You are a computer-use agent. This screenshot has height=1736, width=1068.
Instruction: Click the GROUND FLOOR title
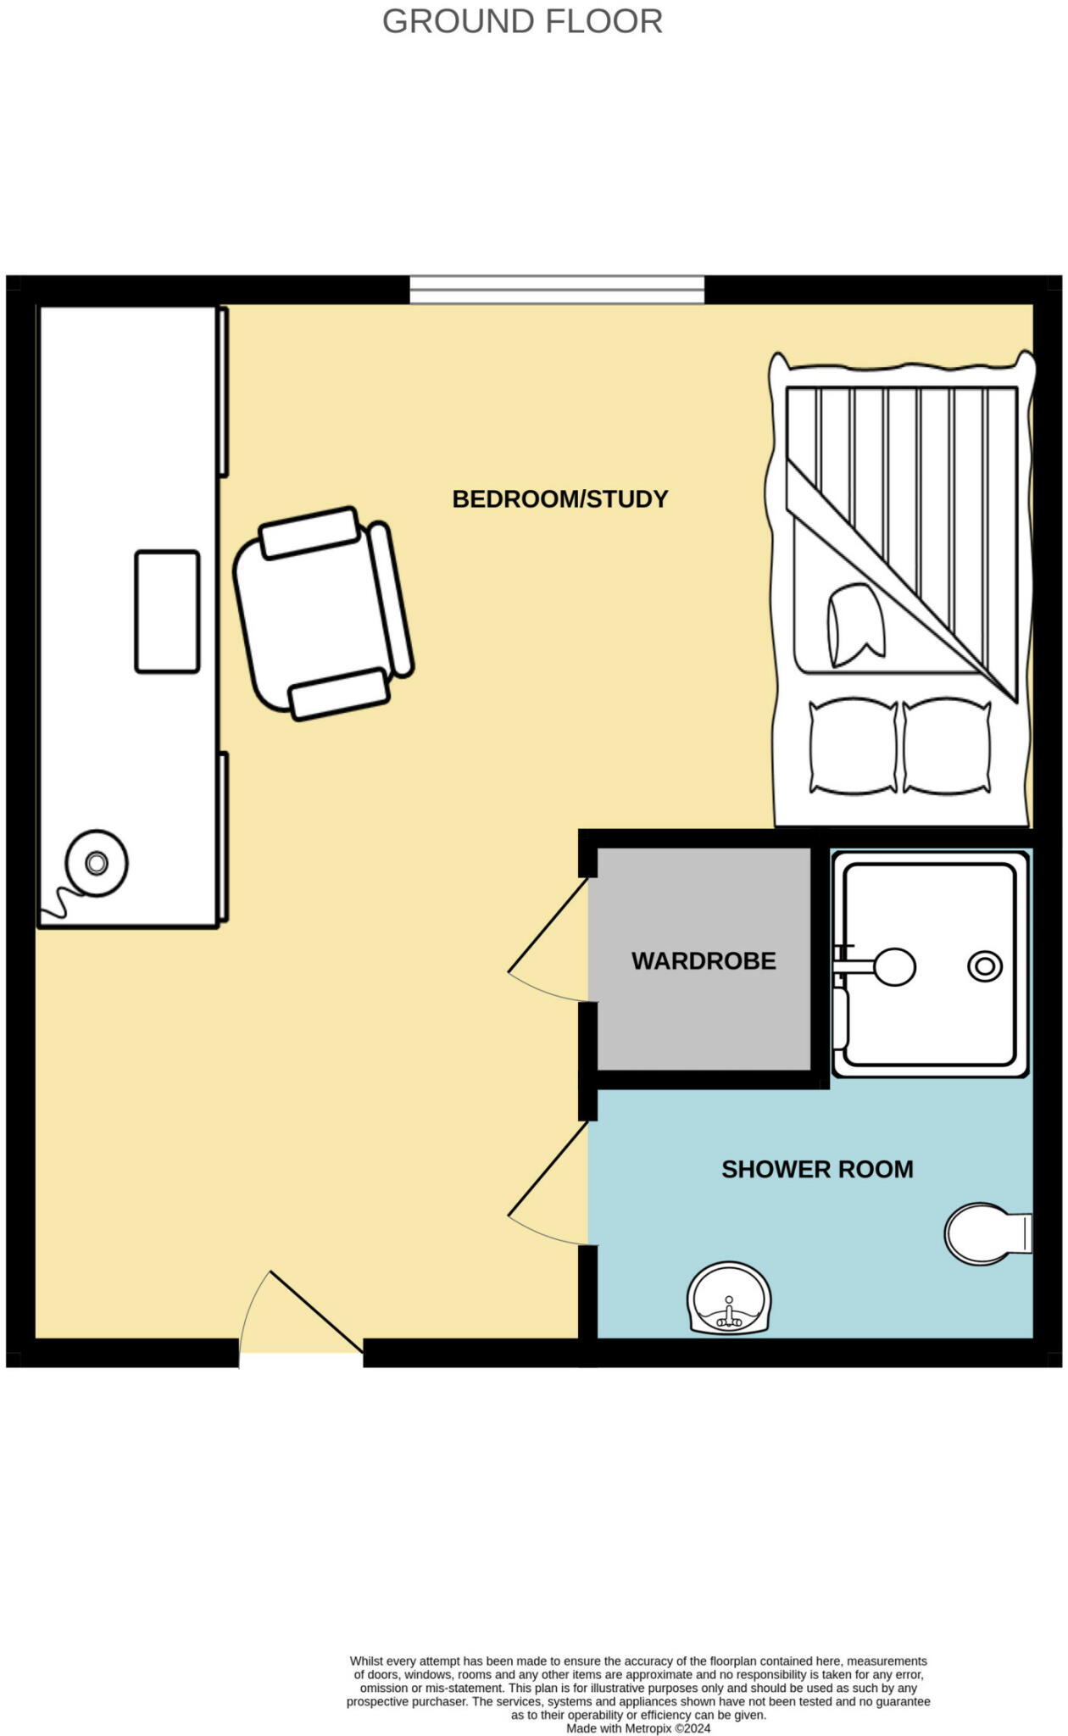click(x=522, y=21)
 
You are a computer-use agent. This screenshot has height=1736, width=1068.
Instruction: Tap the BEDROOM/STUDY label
click(x=560, y=498)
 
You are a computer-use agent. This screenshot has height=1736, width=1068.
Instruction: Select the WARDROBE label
click(x=704, y=960)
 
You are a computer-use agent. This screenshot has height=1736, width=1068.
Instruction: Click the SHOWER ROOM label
click(x=817, y=1169)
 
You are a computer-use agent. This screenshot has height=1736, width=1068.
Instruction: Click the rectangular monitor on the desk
click(x=167, y=611)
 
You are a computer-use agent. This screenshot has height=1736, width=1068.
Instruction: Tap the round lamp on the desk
click(x=97, y=863)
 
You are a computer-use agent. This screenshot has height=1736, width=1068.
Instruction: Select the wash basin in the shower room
click(x=729, y=1298)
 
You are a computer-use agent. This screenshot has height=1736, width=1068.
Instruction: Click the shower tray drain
click(x=985, y=966)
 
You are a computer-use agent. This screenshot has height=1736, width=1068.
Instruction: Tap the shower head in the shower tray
click(x=893, y=966)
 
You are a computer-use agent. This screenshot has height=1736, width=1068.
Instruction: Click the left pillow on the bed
click(x=853, y=746)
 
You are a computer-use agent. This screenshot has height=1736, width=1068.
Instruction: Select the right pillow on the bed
click(x=946, y=746)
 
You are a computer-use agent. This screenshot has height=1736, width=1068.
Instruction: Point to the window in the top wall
click(x=557, y=289)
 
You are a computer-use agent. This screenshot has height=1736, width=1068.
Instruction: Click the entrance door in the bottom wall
click(x=316, y=1311)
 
